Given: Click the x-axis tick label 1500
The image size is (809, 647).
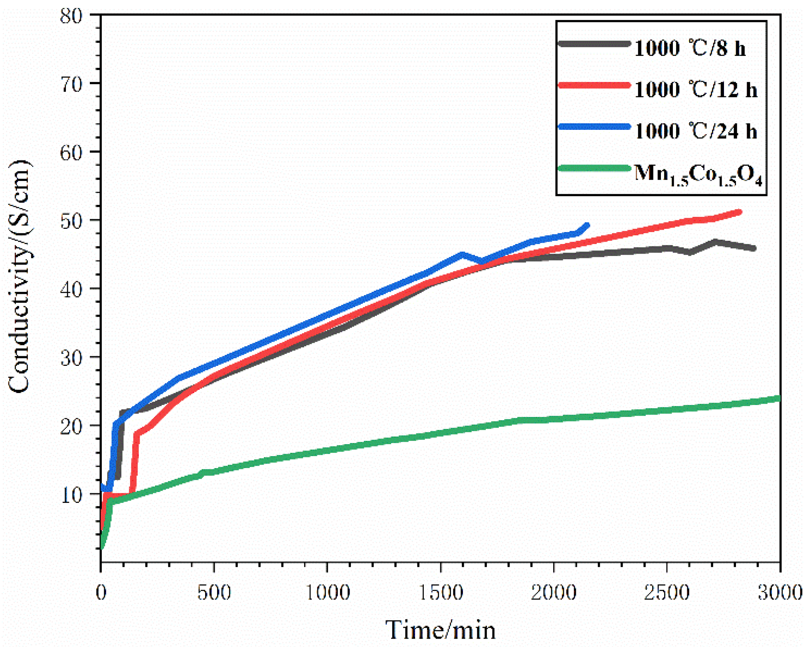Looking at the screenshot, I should pos(441,592).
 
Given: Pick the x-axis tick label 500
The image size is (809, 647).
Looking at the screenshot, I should pos(214,592).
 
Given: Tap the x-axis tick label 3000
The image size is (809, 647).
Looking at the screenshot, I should pos(780,592).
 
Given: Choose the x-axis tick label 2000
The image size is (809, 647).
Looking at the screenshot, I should pos(554,592).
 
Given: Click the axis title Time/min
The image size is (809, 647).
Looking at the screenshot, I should pos(440,630).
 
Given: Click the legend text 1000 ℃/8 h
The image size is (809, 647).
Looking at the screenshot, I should pos(689,48).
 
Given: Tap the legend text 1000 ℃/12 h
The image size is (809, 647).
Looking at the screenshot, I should pos(695,89).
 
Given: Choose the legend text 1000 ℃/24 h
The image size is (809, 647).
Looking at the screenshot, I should pos(695,131).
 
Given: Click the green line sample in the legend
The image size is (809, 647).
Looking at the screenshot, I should pos(594,168).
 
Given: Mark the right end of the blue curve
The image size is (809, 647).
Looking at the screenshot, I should pos(587,225).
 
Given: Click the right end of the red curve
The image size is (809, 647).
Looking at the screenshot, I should pos(740,212).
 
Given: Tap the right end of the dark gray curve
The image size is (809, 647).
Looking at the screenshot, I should pos(754,248).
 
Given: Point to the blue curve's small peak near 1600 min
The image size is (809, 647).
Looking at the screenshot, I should pos(462,254).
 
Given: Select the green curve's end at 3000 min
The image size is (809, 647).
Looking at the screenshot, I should pos(779,398).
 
